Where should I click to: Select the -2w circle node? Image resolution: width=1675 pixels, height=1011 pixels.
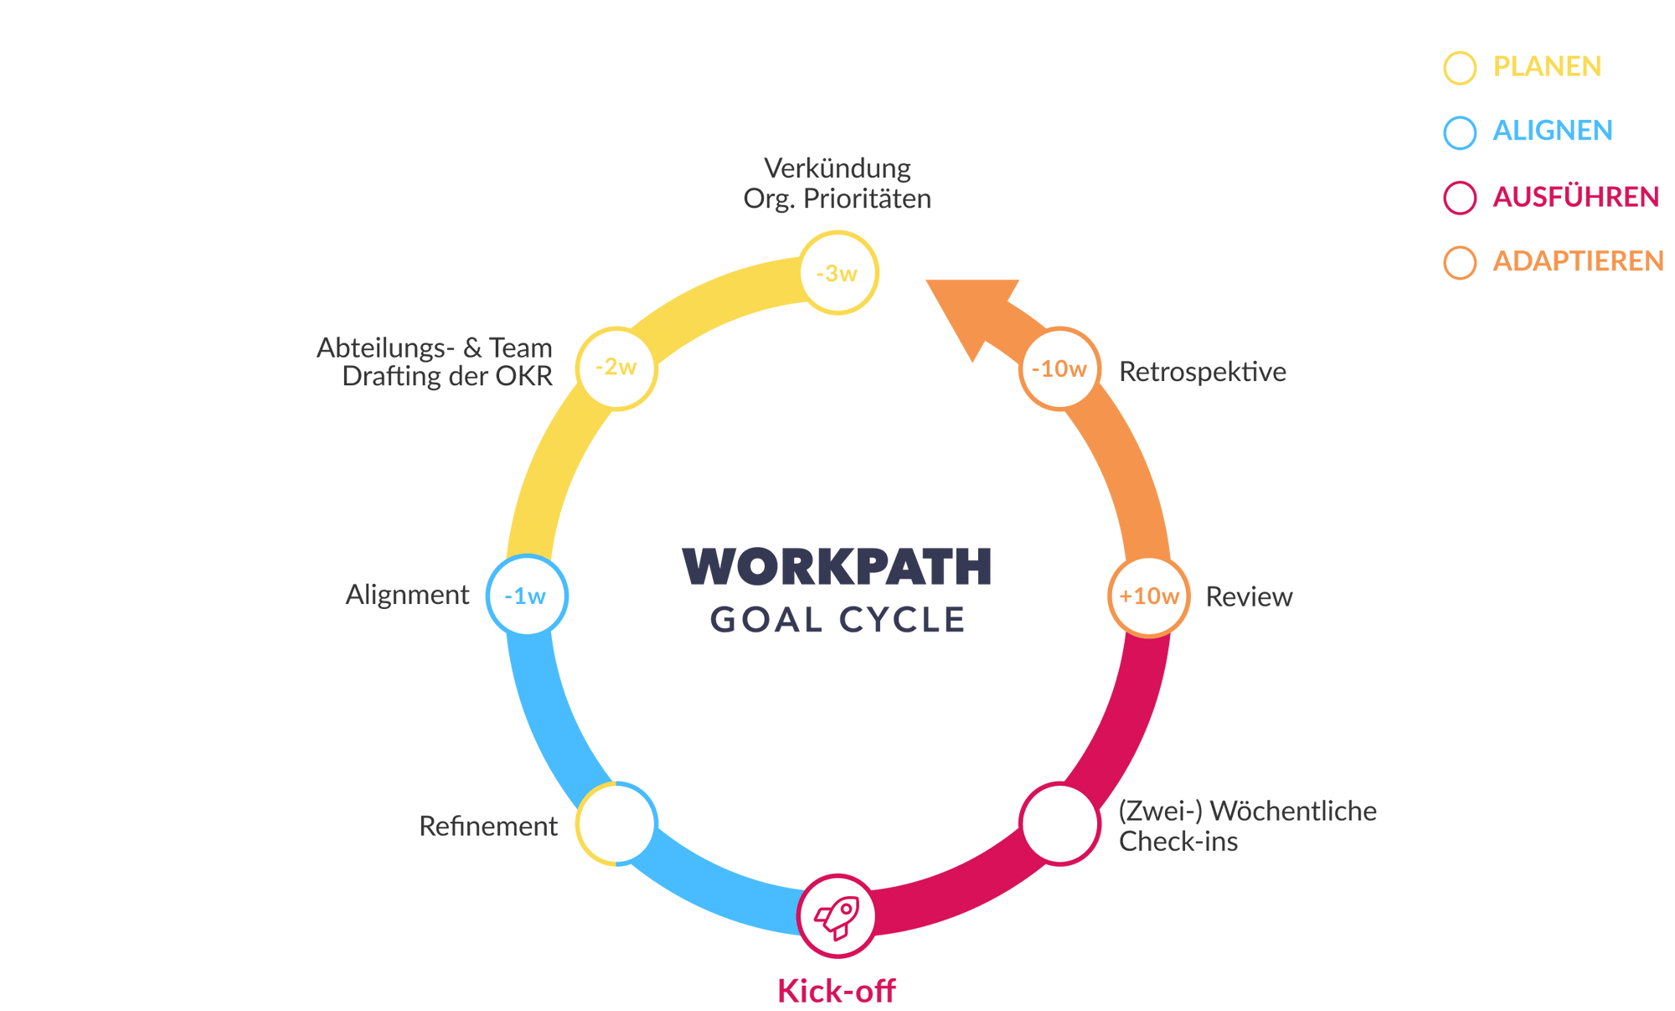tap(616, 367)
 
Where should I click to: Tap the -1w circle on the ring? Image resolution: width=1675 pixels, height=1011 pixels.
tap(526, 596)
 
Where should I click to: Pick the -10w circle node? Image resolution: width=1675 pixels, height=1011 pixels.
tap(1059, 369)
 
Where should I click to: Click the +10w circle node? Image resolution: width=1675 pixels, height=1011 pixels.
tap(1149, 596)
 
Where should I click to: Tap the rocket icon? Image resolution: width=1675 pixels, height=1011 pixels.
tap(837, 916)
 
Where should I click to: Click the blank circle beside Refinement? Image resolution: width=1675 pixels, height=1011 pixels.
tap(616, 823)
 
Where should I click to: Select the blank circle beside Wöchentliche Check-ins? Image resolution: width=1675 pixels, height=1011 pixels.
tap(1059, 823)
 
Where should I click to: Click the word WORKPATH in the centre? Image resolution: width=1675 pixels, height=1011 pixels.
tap(837, 567)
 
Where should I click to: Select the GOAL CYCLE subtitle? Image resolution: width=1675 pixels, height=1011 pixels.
tap(837, 621)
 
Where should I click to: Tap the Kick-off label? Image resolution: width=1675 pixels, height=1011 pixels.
tap(836, 991)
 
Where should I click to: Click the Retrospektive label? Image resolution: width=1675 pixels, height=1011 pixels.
tap(1202, 371)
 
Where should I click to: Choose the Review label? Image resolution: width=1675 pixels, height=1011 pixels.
tap(1249, 596)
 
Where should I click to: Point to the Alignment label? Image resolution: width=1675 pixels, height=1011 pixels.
tap(408, 595)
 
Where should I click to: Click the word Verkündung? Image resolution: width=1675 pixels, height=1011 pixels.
tap(837, 168)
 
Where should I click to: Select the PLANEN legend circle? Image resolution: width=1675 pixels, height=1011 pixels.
tap(1460, 68)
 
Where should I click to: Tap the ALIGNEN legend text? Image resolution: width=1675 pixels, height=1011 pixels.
tap(1553, 132)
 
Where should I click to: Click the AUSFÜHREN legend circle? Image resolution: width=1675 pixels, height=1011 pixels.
tap(1460, 199)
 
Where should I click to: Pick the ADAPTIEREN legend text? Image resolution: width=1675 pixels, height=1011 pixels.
tap(1578, 262)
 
